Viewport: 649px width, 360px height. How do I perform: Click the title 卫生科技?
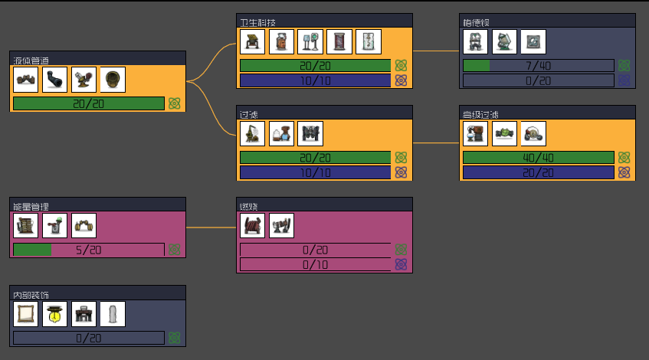click(257, 21)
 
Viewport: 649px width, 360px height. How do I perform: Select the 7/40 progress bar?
click(538, 66)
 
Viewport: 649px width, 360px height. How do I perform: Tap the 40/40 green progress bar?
click(538, 158)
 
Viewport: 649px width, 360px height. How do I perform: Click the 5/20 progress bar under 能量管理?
click(89, 250)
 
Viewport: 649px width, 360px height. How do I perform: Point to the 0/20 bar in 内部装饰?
click(89, 338)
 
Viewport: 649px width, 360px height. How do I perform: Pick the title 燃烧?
click(249, 205)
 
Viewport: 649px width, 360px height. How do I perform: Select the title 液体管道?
click(32, 59)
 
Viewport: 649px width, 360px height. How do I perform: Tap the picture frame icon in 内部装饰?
click(26, 314)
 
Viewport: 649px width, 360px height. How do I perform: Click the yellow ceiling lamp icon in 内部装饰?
click(55, 314)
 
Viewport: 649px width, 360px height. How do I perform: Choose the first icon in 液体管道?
click(26, 79)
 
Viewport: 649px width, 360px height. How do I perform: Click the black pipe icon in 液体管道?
click(55, 79)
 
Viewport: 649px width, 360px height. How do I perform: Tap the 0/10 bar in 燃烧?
click(315, 264)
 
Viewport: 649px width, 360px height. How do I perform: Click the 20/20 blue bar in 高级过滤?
click(538, 172)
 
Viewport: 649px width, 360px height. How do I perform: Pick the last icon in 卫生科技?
click(369, 41)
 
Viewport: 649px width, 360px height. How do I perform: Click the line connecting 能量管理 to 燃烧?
click(211, 227)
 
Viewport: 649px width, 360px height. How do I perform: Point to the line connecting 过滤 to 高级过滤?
click(436, 142)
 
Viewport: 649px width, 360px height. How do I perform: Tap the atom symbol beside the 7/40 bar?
click(624, 66)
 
